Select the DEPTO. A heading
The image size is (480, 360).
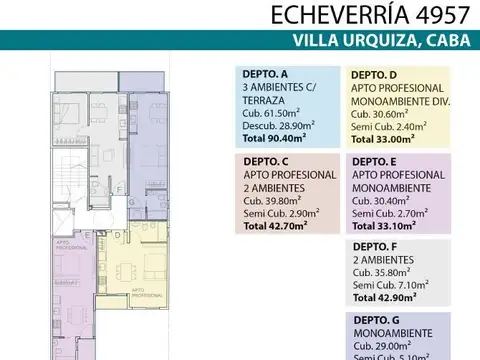(264, 74)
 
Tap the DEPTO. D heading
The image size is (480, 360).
(373, 74)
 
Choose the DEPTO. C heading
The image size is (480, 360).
(264, 162)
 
